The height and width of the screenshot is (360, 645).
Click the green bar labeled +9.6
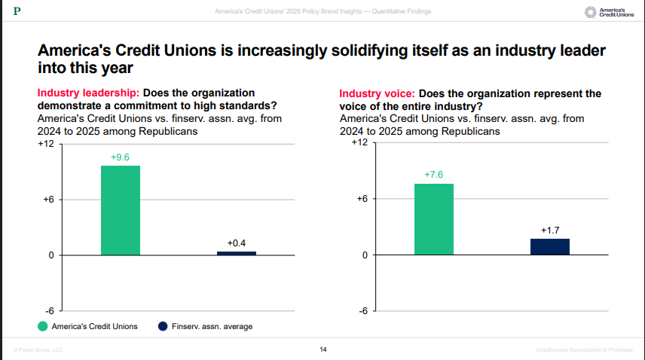tap(121, 210)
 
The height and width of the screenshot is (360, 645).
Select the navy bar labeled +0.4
tap(236, 253)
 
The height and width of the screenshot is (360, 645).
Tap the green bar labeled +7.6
tap(434, 219)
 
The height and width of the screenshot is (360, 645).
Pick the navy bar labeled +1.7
tap(550, 246)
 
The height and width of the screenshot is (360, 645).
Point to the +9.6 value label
tap(121, 157)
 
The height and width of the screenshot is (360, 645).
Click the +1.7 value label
tap(550, 230)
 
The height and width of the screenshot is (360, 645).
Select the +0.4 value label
tap(237, 243)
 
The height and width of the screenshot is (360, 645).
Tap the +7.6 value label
tap(434, 175)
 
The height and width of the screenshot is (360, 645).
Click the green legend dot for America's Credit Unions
tap(44, 326)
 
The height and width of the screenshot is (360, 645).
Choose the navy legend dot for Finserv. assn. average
tap(162, 326)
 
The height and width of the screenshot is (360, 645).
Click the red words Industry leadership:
tap(87, 92)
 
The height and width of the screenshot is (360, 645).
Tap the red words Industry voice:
tap(376, 93)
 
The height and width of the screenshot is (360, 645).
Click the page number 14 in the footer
tap(322, 349)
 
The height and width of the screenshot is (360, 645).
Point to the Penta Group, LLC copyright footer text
tap(37, 349)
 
